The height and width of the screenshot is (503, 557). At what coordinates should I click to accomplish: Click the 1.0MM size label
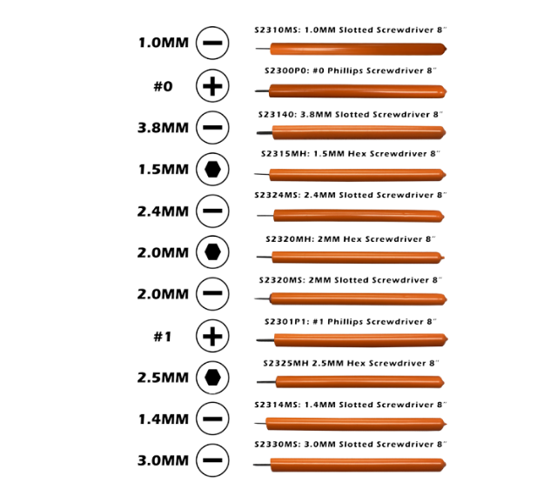coord(163,43)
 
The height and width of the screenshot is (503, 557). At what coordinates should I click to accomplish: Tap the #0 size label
coord(163,86)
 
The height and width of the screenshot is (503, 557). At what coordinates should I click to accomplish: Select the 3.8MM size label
coord(163,128)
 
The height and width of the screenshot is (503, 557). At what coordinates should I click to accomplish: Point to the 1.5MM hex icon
coord(212,169)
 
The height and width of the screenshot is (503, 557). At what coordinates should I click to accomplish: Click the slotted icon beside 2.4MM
coord(212,211)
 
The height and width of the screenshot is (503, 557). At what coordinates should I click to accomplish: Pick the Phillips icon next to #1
coord(212,336)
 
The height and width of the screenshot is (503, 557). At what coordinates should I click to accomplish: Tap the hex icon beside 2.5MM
coord(212,378)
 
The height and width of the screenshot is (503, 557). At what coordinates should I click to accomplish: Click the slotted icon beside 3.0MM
coord(212,460)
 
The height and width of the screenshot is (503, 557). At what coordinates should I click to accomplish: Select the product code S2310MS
coord(278,30)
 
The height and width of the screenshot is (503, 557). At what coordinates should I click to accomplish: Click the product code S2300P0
coord(286,70)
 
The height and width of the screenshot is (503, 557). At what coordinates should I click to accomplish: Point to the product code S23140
coord(277,115)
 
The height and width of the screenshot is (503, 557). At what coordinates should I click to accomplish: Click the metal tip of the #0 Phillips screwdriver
coord(262,91)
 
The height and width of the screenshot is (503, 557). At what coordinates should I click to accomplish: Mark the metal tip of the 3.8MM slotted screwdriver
coord(265,133)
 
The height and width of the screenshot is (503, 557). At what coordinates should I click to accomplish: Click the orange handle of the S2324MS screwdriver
coord(359,216)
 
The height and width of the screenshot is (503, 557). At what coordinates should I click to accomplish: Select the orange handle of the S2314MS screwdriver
coord(356,424)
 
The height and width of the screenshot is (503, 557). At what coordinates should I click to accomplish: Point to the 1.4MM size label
coord(163,419)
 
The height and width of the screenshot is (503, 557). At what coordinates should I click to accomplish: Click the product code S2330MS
coord(278,445)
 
